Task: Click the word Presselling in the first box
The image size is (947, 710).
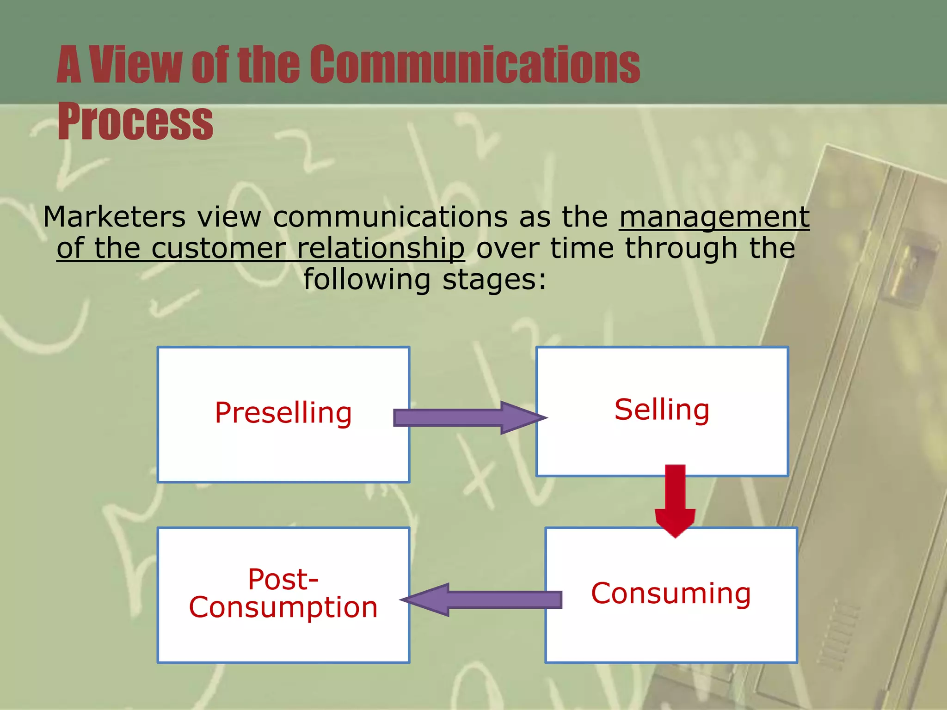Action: pos(283,413)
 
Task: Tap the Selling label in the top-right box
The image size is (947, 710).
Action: pos(662,410)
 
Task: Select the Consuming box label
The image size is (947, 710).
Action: pos(670,594)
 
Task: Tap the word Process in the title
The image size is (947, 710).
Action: pos(135,122)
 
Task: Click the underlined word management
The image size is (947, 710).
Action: pos(714,217)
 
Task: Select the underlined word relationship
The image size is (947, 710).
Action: pos(380,248)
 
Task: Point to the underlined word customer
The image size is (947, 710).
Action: pos(218,248)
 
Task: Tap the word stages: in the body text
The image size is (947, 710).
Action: pos(494,280)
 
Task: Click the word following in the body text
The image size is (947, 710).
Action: pos(367,280)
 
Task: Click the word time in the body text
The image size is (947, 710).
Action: pos(581,248)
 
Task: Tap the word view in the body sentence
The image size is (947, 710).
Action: pos(229,217)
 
